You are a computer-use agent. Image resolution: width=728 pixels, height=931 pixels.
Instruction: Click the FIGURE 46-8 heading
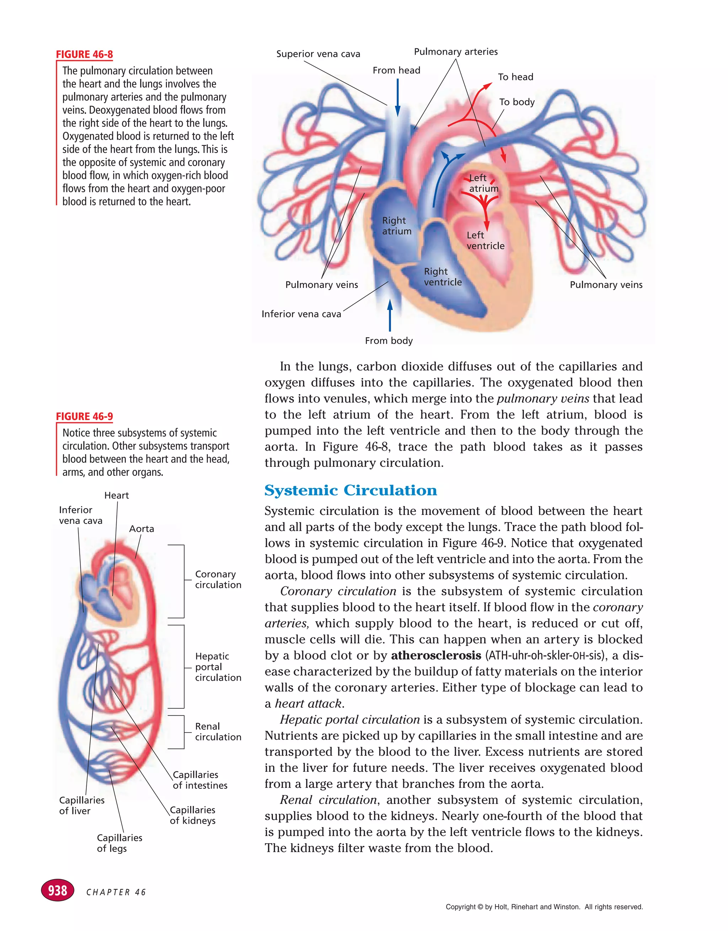pyautogui.click(x=85, y=55)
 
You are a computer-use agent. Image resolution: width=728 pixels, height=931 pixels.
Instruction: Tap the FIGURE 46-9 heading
pyautogui.click(x=85, y=416)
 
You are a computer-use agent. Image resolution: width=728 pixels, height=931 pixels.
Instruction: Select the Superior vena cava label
pyautogui.click(x=318, y=54)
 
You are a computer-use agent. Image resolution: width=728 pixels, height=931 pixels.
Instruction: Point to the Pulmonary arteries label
pyautogui.click(x=455, y=52)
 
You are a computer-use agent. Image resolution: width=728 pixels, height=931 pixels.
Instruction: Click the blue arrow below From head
pyautogui.click(x=397, y=98)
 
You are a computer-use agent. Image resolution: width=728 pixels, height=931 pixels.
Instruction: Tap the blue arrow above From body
pyautogui.click(x=389, y=316)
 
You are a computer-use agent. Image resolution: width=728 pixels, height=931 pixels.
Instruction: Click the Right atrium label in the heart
pyautogui.click(x=396, y=226)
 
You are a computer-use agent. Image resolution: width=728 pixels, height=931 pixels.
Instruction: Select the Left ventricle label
pyautogui.click(x=485, y=241)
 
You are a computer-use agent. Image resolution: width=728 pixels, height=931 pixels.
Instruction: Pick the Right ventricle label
pyautogui.click(x=442, y=277)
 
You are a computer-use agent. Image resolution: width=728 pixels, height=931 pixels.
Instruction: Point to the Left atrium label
pyautogui.click(x=483, y=183)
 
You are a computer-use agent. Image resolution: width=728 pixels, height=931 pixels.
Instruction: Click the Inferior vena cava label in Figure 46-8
pyautogui.click(x=301, y=314)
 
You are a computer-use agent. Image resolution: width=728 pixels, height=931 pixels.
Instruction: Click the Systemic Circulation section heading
pyautogui.click(x=350, y=490)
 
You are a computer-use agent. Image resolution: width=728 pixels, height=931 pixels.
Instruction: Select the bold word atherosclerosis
pyautogui.click(x=436, y=655)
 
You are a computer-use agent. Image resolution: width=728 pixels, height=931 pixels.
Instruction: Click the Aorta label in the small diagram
pyautogui.click(x=141, y=529)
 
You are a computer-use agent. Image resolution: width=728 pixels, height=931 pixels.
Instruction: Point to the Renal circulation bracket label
pyautogui.click(x=218, y=732)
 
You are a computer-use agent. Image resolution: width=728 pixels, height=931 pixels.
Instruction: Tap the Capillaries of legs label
pyautogui.click(x=119, y=843)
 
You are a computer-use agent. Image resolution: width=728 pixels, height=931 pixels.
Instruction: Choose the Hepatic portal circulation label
pyautogui.click(x=218, y=667)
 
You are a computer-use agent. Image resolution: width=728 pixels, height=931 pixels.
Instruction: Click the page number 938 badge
pyautogui.click(x=58, y=890)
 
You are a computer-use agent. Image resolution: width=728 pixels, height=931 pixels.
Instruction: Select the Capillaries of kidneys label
pyautogui.click(x=192, y=815)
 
